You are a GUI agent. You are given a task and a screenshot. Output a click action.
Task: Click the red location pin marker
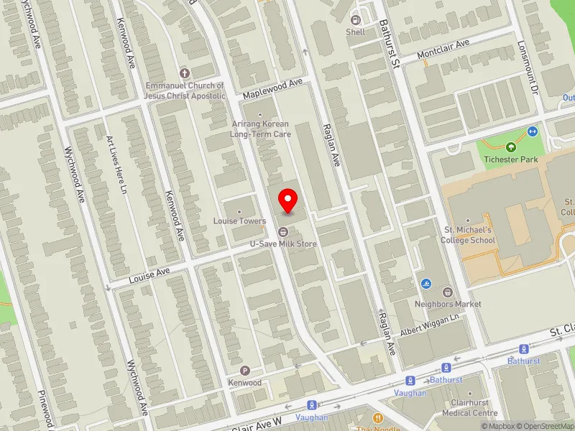coord(288,200)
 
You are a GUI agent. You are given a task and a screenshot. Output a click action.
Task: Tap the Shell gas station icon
coord(355,19)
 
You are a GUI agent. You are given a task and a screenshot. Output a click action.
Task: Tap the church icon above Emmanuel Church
coord(184,73)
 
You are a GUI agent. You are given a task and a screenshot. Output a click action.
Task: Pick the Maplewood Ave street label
coord(272,89)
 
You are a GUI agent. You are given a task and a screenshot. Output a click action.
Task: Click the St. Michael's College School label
coord(469,235)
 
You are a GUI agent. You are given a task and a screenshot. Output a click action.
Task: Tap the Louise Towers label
coord(239,221)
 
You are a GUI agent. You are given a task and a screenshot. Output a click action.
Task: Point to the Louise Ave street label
coord(149,274)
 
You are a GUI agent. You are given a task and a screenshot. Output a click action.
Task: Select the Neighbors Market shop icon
coord(448,292)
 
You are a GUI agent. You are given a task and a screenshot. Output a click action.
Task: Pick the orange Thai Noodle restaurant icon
coord(377,418)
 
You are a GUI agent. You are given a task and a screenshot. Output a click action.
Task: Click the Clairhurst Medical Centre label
coord(470,408)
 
